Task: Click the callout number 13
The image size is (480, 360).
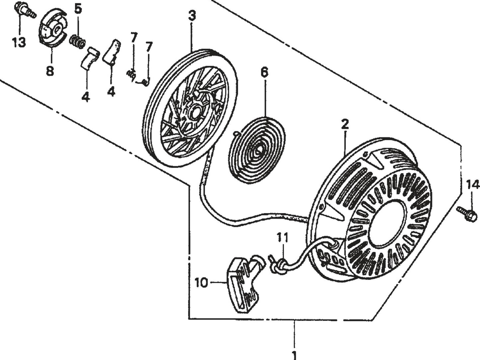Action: (x=19, y=43)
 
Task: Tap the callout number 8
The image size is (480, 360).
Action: (x=50, y=71)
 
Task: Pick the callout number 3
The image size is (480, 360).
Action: (x=192, y=16)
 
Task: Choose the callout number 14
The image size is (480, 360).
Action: (x=473, y=184)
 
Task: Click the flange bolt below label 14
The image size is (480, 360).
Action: (x=468, y=214)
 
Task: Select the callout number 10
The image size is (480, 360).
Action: (x=201, y=283)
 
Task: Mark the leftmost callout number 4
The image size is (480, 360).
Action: (x=86, y=97)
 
